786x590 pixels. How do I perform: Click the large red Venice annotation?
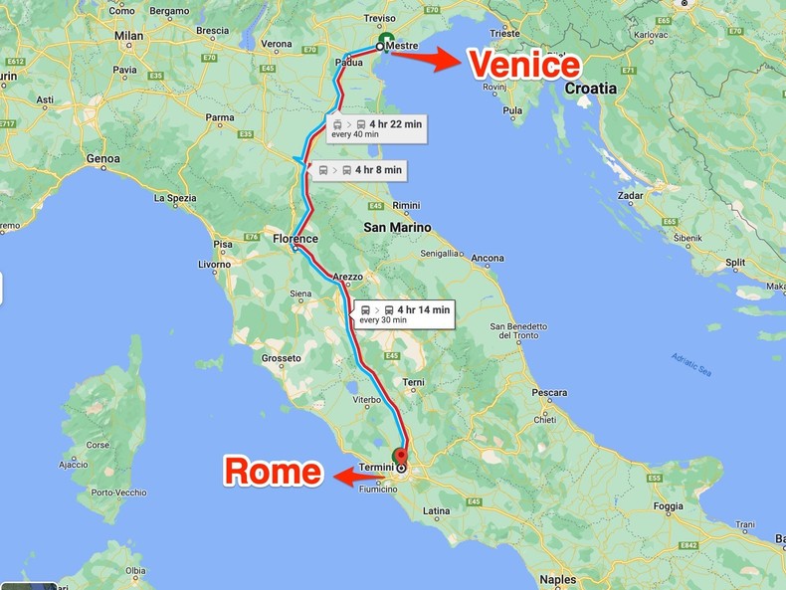[x=524, y=65]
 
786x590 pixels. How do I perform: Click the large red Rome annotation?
[x=273, y=471]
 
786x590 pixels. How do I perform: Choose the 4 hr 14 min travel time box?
[x=404, y=313]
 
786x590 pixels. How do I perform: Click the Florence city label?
[x=295, y=239]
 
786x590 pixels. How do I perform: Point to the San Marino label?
[x=397, y=227]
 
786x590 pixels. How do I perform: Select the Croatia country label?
[x=590, y=88]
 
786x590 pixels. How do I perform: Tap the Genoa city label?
[x=102, y=158]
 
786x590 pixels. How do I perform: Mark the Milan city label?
[x=128, y=35]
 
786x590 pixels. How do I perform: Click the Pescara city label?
[x=548, y=392]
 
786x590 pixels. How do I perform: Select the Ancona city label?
[x=488, y=259]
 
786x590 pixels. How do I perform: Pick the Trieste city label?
[x=503, y=33]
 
